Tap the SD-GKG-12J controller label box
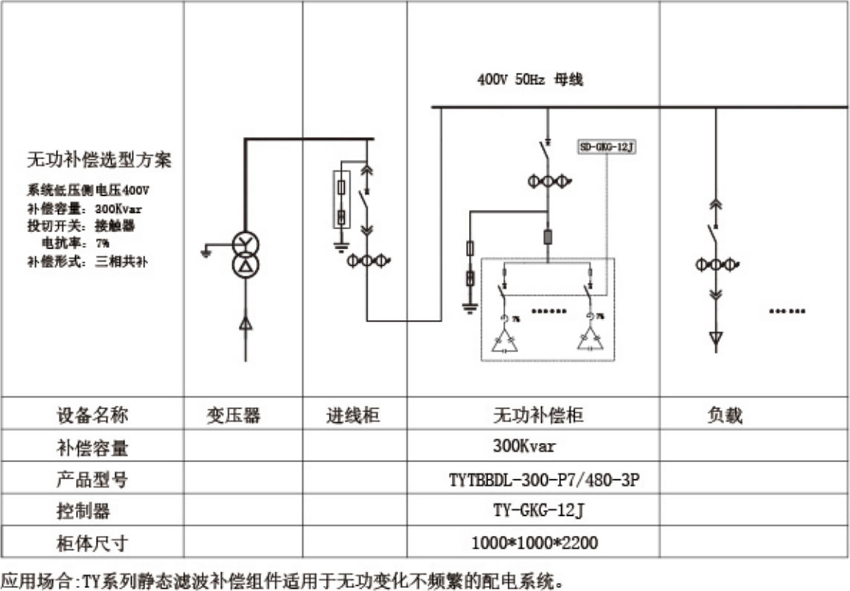(607, 147)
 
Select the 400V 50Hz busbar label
(530, 80)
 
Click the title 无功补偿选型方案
(99, 160)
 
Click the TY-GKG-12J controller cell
(534, 511)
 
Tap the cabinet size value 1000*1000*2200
(534, 543)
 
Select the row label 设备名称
(92, 415)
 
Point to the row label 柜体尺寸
(92, 543)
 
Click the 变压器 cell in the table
(234, 415)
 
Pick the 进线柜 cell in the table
(354, 415)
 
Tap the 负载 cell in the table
(724, 415)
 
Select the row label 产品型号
(92, 480)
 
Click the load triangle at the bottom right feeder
(715, 341)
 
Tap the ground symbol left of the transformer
(206, 252)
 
